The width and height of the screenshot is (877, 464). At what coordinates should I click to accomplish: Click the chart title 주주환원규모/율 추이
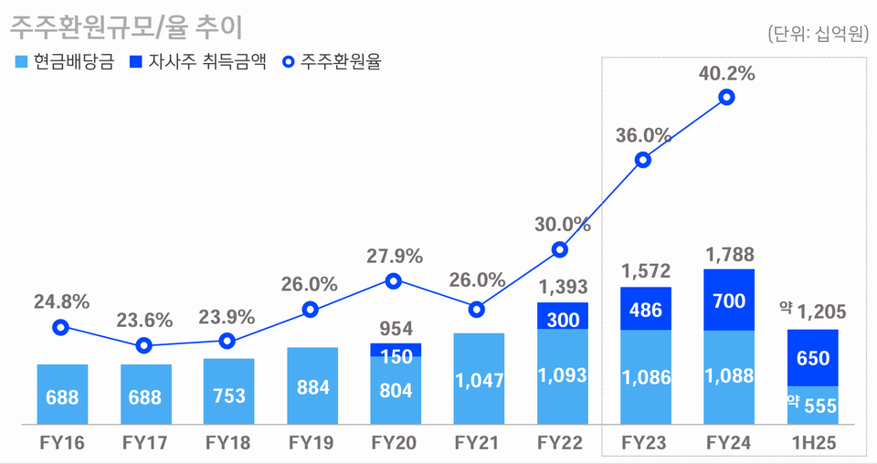point(126,27)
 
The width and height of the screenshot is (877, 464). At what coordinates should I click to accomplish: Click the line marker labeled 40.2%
point(726,98)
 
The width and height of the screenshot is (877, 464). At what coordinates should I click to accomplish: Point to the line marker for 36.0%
point(643,160)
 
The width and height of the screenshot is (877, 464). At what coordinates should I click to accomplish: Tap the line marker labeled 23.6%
point(143,346)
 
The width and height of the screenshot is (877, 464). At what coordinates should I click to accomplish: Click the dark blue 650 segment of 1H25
point(812,357)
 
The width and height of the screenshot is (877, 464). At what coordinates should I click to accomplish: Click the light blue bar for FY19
point(312,386)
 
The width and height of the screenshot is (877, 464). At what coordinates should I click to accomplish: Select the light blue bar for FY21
point(478,379)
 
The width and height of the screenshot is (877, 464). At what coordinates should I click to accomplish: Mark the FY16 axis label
point(62,443)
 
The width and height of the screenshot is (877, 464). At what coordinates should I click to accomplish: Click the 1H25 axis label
point(811,443)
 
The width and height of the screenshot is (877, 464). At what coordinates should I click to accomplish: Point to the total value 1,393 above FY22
point(561,287)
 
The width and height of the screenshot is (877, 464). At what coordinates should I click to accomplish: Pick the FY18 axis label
point(228,443)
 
